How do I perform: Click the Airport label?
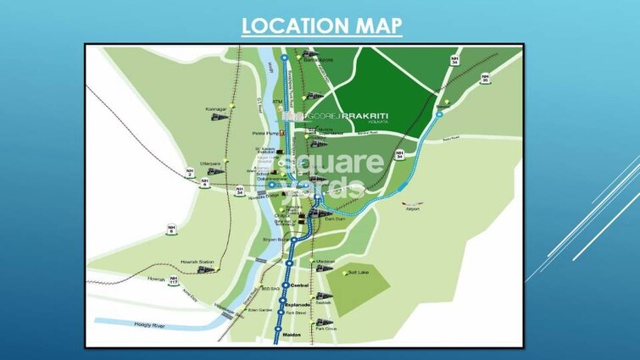(413, 208)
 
